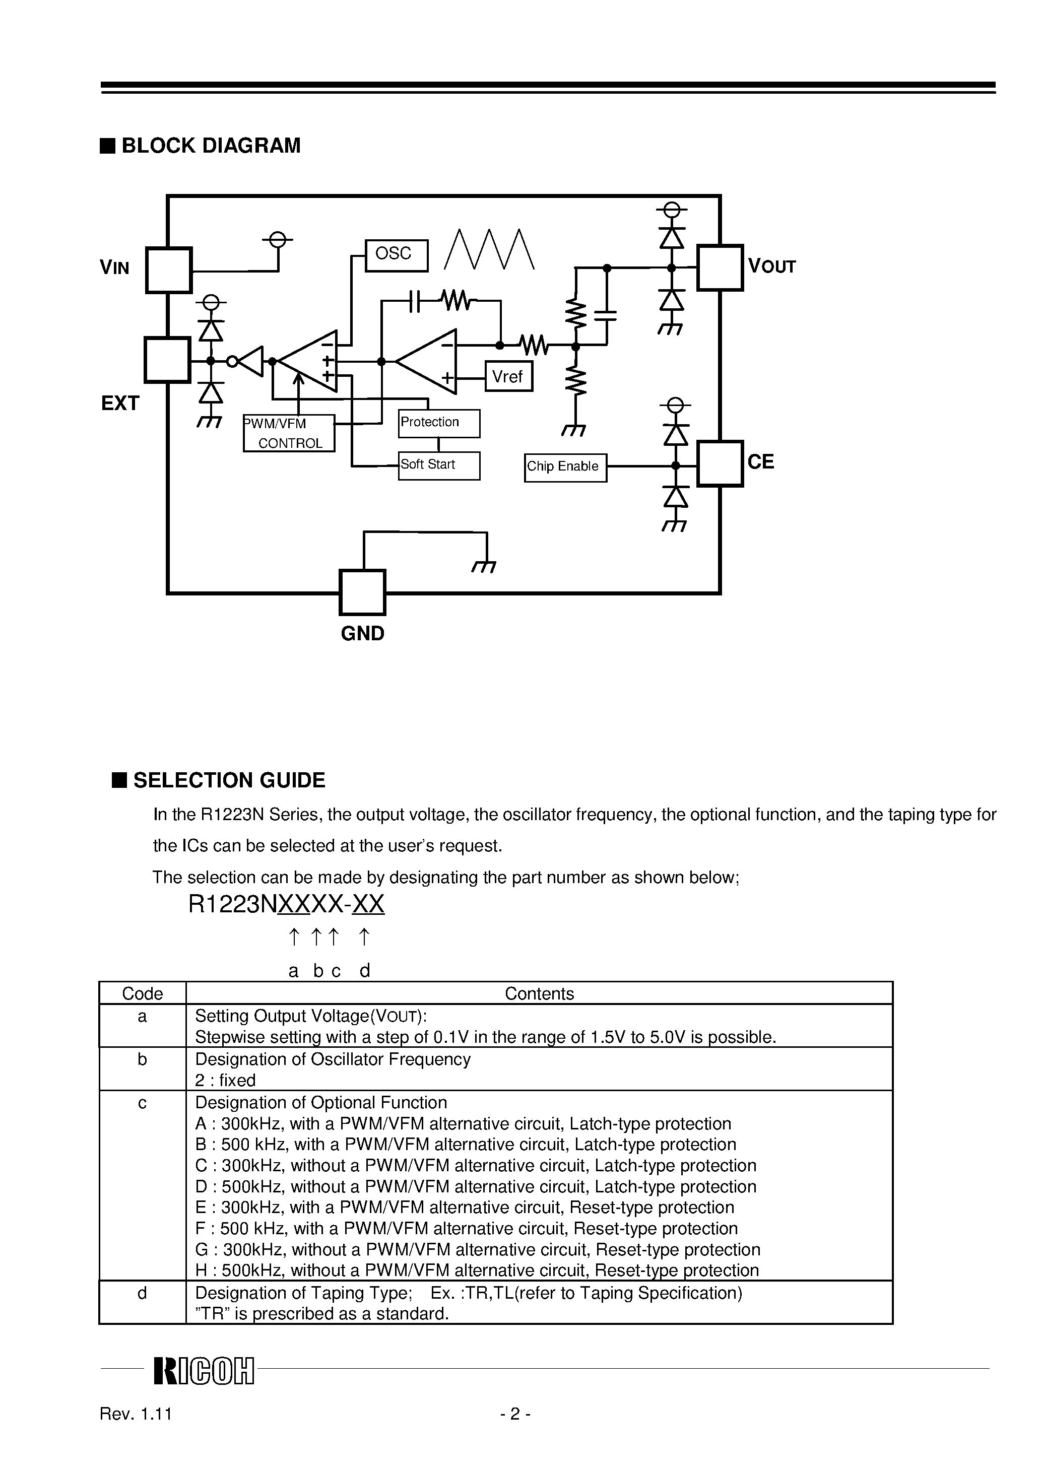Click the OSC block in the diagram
point(396,255)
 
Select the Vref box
point(508,377)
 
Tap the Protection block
point(438,423)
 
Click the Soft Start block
point(438,465)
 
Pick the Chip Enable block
point(565,467)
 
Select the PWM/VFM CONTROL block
point(289,434)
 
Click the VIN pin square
point(169,270)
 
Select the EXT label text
point(120,404)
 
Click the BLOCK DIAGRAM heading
point(211,146)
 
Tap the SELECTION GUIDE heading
point(228,780)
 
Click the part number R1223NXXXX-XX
point(286,905)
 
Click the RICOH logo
point(204,1371)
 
